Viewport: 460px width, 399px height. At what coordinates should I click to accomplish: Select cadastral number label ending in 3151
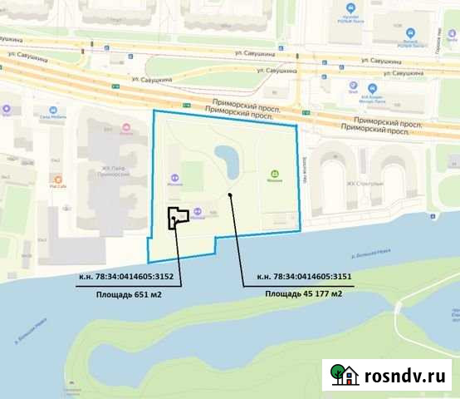pos(304,278)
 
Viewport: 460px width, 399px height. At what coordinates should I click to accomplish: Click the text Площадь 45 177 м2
pos(304,293)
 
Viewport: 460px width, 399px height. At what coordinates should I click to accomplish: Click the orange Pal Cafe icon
pos(58,178)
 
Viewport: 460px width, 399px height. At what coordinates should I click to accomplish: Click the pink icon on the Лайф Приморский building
pos(126,128)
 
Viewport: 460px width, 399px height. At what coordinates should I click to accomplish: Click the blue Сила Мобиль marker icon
pos(53,109)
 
